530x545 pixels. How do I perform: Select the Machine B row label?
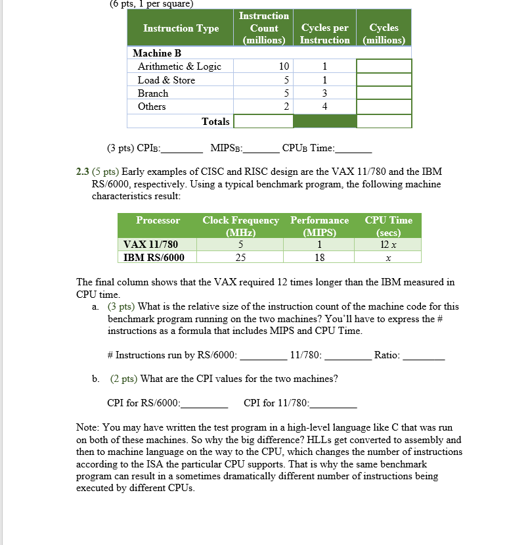point(157,53)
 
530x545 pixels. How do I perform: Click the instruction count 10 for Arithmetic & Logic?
point(283,66)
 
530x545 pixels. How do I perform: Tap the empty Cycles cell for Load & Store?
point(384,80)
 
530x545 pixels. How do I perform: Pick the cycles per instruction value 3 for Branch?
point(324,93)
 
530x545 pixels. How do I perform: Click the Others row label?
point(152,107)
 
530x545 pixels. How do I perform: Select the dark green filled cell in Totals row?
point(324,122)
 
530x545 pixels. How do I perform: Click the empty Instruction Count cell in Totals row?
point(263,122)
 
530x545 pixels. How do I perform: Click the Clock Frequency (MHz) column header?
point(240,226)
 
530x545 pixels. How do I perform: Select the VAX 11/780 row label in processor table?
point(150,245)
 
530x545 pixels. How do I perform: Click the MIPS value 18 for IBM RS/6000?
point(319,258)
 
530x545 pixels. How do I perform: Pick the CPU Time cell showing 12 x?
point(388,245)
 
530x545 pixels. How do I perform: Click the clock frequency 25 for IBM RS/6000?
point(240,258)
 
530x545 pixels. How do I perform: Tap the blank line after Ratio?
point(424,356)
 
